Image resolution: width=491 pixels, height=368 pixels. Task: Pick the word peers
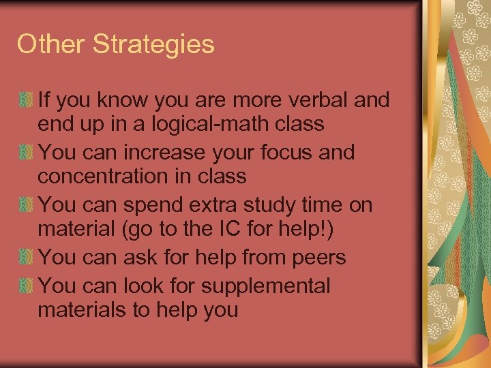point(318,258)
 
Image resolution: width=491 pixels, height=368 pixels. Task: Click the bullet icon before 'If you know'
point(27,101)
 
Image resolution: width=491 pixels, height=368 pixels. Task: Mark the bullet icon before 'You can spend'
point(27,204)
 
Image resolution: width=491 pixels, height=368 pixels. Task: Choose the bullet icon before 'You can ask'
point(27,258)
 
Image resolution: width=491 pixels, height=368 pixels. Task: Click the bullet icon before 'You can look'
point(27,286)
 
